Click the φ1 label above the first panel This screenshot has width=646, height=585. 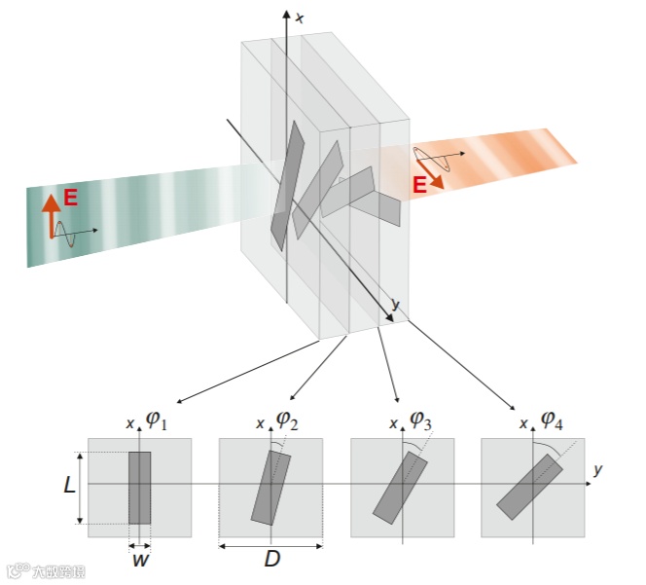pos(158,420)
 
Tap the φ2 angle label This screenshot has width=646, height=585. pos(287,420)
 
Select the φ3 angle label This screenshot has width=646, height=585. pos(420,420)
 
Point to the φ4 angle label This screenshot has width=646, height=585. pos(552,420)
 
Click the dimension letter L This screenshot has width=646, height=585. pos(69,486)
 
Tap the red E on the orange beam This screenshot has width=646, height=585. pos(420,184)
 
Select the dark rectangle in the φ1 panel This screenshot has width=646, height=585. pos(140,487)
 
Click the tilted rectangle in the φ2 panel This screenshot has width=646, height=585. pos(271,487)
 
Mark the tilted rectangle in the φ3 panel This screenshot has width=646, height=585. pos(401,487)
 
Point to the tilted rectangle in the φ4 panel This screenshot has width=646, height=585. pos(530,487)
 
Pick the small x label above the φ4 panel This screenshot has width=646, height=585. pos(524,424)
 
